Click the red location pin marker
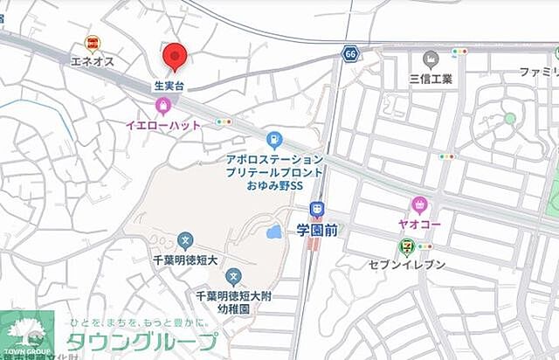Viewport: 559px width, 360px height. [176, 57]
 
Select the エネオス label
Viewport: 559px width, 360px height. [93, 61]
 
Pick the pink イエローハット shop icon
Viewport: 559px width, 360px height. [162, 107]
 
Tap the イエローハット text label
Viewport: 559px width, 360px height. [163, 125]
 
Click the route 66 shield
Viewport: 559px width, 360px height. [350, 53]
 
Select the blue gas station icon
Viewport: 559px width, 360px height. [274, 140]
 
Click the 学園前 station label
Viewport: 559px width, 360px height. [316, 230]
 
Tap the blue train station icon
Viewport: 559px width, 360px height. [316, 209]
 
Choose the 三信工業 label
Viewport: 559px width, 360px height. [431, 79]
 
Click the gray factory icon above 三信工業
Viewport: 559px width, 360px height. [430, 59]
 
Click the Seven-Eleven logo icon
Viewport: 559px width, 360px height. [407, 247]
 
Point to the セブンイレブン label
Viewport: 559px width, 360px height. [407, 265]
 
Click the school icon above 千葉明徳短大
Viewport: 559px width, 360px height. [185, 239]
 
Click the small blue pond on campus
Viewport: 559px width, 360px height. [275, 232]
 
